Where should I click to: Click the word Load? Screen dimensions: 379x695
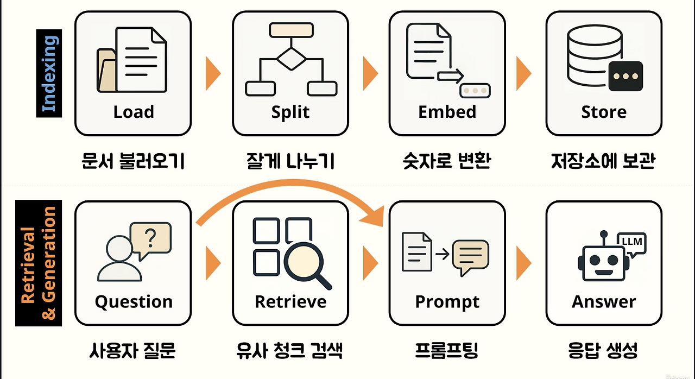pyautogui.click(x=134, y=112)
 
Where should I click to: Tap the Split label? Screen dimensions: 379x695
pyautogui.click(x=290, y=112)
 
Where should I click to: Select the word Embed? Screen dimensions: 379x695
pyautogui.click(x=447, y=112)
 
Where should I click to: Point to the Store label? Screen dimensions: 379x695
pyautogui.click(x=604, y=112)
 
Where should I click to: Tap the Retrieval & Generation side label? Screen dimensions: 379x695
pyautogui.click(x=39, y=262)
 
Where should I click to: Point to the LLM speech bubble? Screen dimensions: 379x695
pyautogui.click(x=631, y=242)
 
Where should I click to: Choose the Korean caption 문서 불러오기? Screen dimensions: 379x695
pyautogui.click(x=134, y=161)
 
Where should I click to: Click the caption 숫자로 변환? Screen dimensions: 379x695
pyautogui.click(x=447, y=161)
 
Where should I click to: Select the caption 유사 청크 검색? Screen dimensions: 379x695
pyautogui.click(x=290, y=351)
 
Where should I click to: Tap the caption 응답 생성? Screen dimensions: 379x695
pyautogui.click(x=603, y=351)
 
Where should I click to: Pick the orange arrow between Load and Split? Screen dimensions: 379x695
pyautogui.click(x=213, y=73)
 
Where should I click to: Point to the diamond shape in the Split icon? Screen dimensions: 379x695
pyautogui.click(x=290, y=58)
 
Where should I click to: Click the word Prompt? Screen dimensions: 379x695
pyautogui.click(x=447, y=302)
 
